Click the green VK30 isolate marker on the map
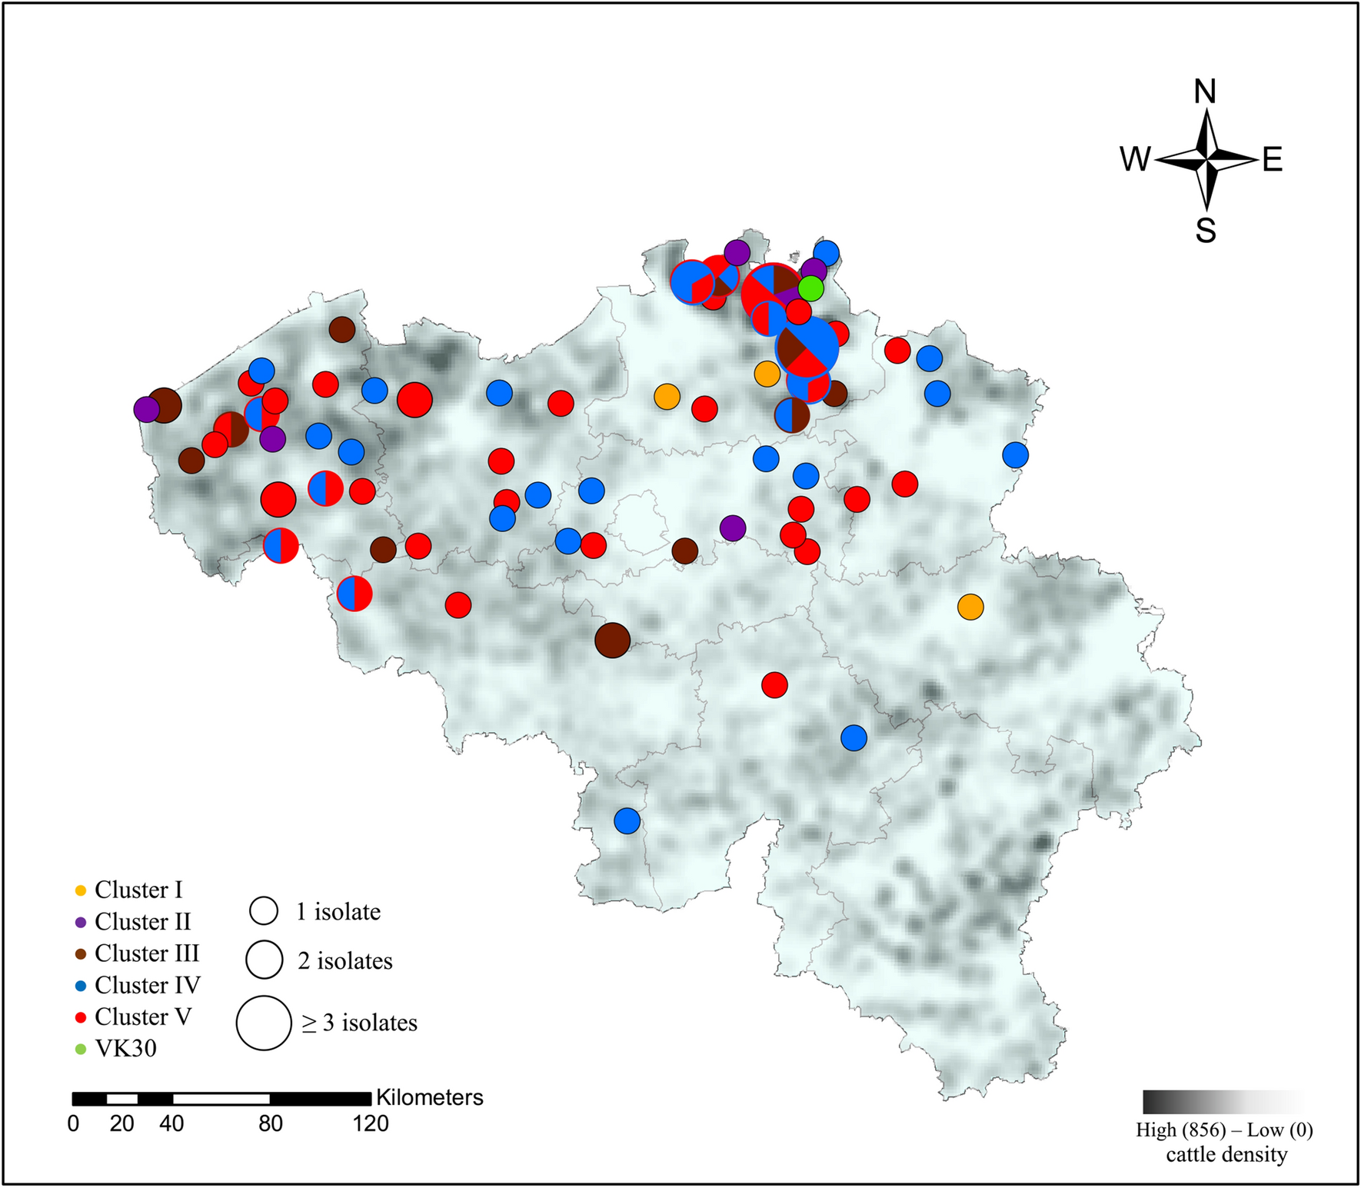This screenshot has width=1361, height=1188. [x=810, y=288]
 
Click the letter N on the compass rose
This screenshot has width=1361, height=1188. [x=1205, y=92]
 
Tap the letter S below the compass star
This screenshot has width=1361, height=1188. [x=1206, y=230]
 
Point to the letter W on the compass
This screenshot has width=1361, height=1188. [x=1135, y=160]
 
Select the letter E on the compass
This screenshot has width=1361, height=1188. [x=1273, y=160]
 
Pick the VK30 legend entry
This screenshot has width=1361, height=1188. [x=116, y=1049]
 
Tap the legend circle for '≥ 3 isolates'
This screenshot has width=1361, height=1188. [x=264, y=1023]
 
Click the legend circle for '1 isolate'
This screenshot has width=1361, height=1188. [x=264, y=910]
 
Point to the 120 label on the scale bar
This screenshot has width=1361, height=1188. [x=371, y=1124]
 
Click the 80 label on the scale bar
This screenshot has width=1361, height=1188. [x=271, y=1124]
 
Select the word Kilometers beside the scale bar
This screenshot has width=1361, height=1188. [x=430, y=1097]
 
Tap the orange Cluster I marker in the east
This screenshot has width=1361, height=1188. [x=970, y=607]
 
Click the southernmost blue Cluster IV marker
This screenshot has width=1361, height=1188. [x=627, y=820]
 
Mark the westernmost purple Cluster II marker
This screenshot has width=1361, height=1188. [x=146, y=409]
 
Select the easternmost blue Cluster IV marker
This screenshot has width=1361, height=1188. [x=1016, y=454]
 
